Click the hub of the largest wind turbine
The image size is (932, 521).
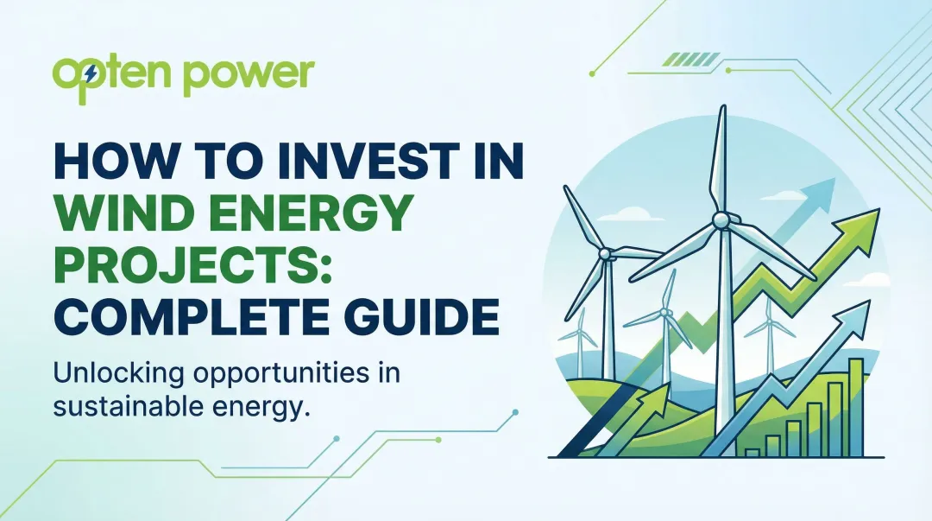click(x=720, y=222)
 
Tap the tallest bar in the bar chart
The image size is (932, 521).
click(x=855, y=407)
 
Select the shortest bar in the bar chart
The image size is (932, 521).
click(x=752, y=451)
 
